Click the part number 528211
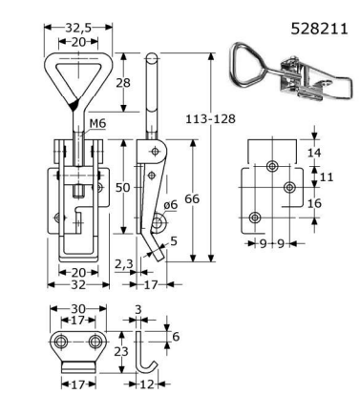[x=319, y=29]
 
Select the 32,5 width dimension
[x=78, y=28]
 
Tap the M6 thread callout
[x=97, y=123]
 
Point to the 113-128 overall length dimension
[x=210, y=118]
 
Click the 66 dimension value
[x=192, y=199]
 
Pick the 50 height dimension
[x=122, y=188]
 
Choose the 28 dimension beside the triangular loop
[x=123, y=83]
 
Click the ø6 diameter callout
[x=171, y=205]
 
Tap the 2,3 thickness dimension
[x=123, y=263]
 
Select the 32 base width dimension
[x=78, y=284]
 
